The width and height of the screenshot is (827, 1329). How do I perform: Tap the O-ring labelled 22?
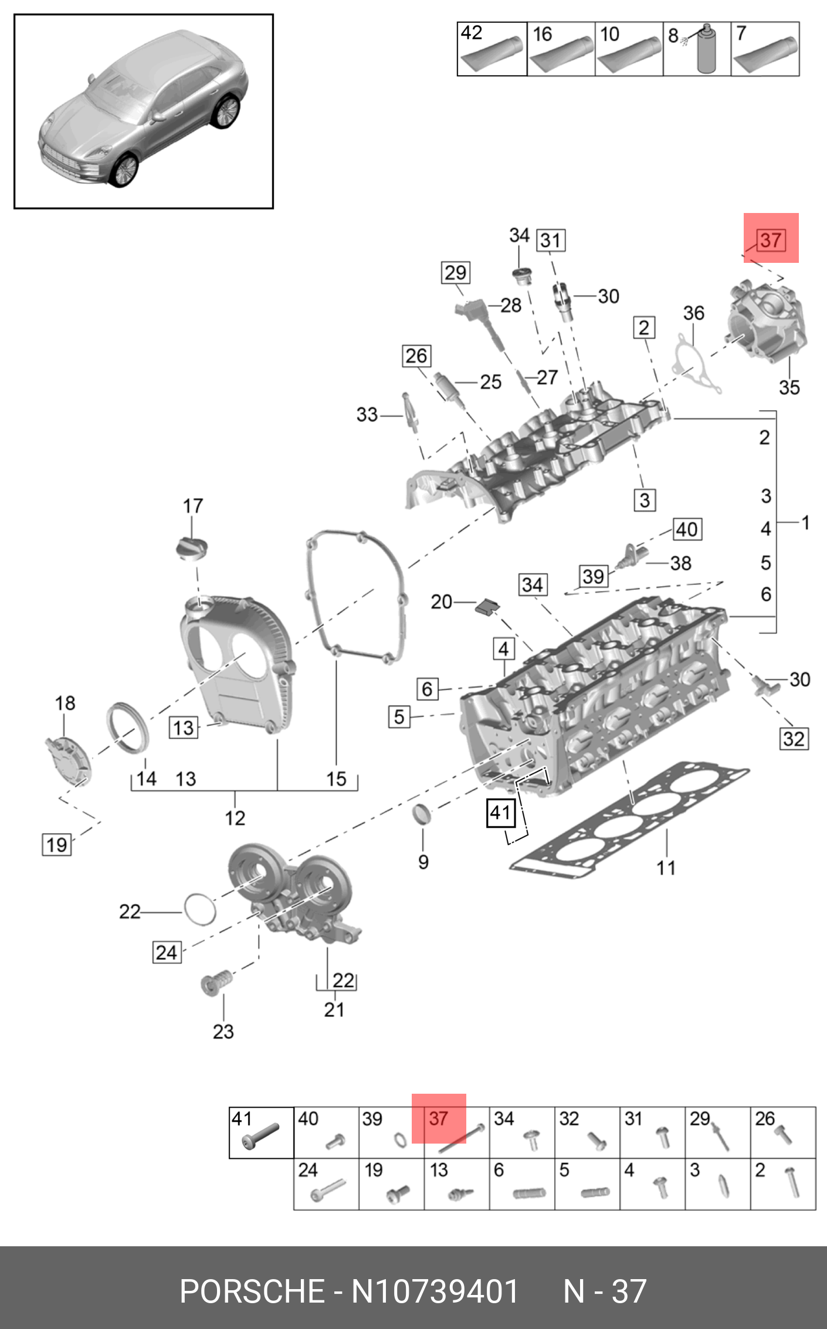(200, 909)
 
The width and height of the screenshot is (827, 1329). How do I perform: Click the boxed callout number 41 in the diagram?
(501, 813)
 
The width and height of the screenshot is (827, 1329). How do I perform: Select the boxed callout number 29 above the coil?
(455, 273)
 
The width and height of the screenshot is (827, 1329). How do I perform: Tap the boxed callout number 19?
(57, 845)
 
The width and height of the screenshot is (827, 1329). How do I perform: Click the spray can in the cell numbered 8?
(706, 51)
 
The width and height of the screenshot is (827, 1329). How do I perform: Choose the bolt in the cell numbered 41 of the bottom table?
(260, 1137)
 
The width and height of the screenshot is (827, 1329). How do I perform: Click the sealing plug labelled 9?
(422, 814)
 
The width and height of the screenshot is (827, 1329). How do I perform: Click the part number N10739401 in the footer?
(435, 1291)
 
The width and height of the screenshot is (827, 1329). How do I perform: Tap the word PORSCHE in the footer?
(252, 1291)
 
